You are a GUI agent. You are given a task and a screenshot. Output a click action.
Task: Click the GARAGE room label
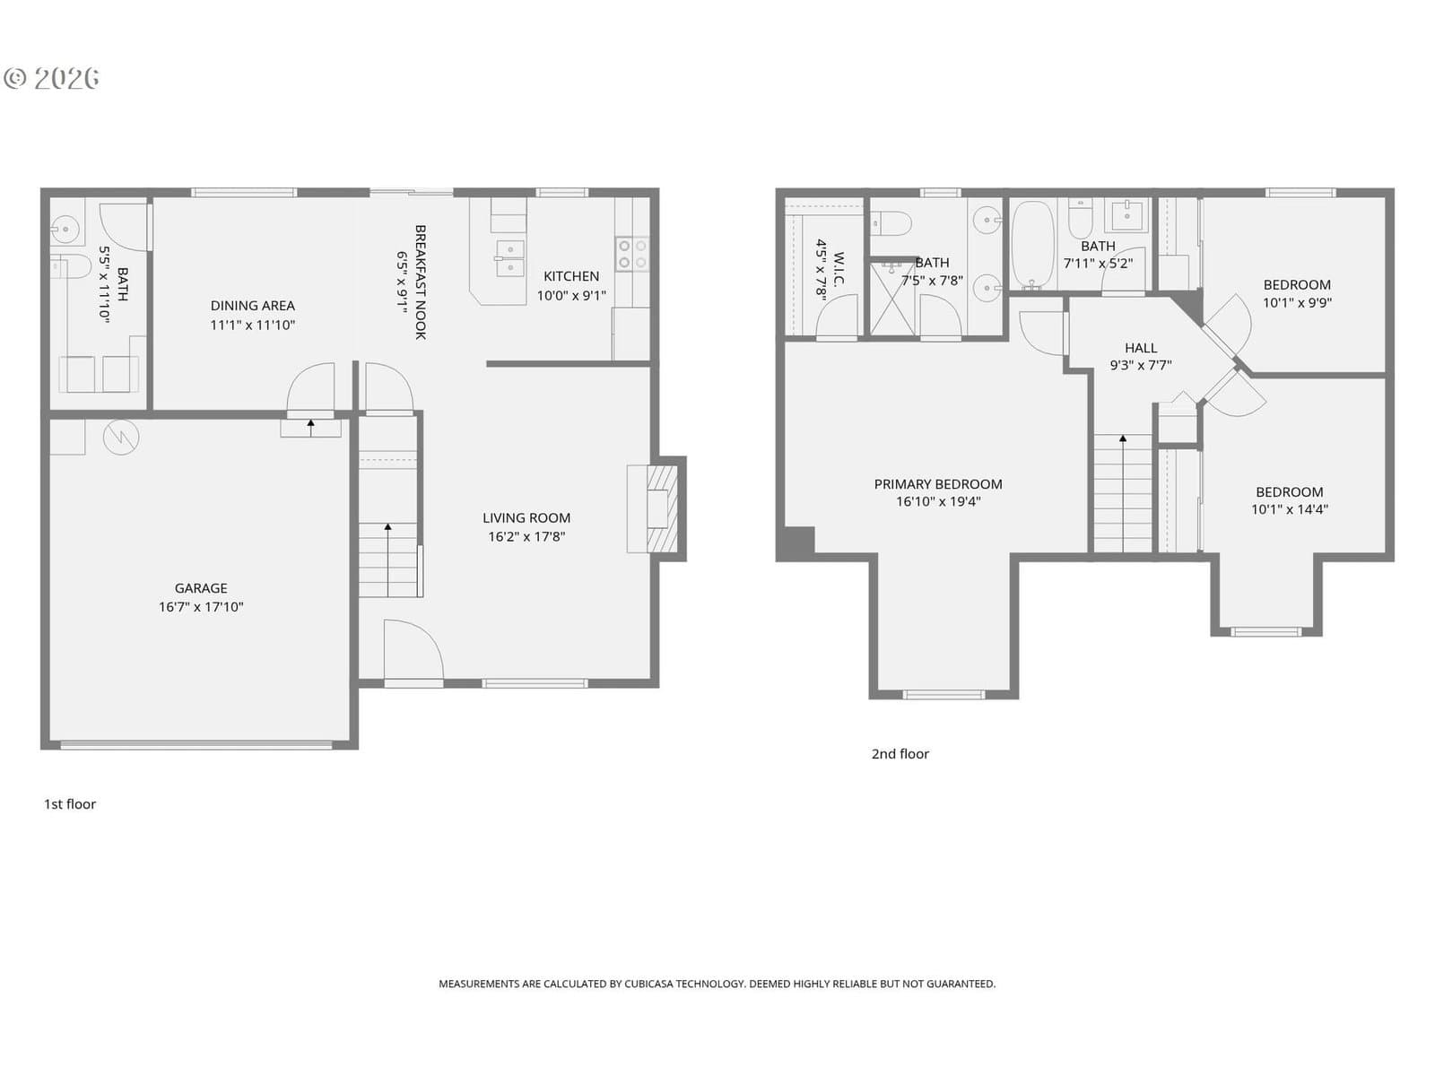[201, 588]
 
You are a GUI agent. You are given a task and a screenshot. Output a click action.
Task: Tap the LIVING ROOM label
[526, 518]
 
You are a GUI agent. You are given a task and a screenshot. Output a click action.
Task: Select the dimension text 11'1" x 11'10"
[252, 325]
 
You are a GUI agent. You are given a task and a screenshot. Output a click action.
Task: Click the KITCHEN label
[570, 276]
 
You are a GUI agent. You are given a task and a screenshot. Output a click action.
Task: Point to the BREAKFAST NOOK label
[421, 282]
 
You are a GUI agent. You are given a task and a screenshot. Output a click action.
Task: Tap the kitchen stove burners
[632, 254]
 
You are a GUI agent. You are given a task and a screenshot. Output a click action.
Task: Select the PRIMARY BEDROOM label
[938, 484]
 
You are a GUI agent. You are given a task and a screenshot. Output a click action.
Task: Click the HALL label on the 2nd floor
[1141, 348]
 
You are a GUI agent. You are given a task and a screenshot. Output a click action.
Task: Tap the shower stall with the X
[892, 299]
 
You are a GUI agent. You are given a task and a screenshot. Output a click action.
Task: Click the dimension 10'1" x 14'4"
[1289, 509]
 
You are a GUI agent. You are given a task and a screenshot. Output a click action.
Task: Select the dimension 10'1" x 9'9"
[1297, 302]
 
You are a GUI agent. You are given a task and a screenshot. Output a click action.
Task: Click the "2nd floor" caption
[900, 754]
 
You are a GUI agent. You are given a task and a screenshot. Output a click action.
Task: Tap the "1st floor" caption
[70, 804]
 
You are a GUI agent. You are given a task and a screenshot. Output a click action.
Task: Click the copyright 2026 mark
[52, 78]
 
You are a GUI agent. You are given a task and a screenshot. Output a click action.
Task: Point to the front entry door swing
[413, 650]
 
